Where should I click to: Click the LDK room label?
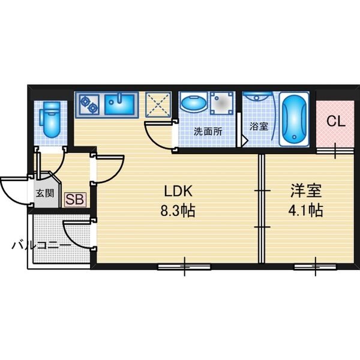tap(178, 191)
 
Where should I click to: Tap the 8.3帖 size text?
tap(178, 211)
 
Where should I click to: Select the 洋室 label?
tap(305, 191)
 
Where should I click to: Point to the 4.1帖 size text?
tap(305, 210)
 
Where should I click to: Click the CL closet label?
tap(336, 121)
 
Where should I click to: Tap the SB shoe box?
tap(76, 199)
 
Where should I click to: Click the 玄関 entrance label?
tap(45, 193)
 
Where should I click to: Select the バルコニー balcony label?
tap(41, 245)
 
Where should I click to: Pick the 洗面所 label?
tap(208, 131)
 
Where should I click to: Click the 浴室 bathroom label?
tap(259, 126)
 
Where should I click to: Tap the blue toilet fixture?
tap(50, 119)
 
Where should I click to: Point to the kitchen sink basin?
tap(119, 104)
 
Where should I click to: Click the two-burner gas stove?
tap(89, 104)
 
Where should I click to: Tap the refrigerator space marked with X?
tap(158, 104)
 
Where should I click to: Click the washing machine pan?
tap(222, 103)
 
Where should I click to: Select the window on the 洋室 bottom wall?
tap(315, 267)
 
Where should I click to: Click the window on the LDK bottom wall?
tap(184, 267)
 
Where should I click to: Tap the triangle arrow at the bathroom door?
tap(244, 140)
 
